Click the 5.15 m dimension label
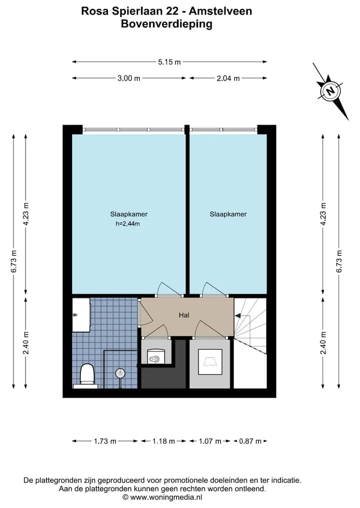[169, 62]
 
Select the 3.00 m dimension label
[129, 78]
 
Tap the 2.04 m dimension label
[228, 78]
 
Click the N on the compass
[330, 91]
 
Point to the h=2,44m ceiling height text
[128, 224]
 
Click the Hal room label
[184, 315]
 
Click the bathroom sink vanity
[81, 315]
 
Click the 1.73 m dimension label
[105, 441]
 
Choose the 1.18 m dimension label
[164, 441]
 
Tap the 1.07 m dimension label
[210, 441]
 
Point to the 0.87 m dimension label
[250, 441]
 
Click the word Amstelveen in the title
[220, 11]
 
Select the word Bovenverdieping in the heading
[166, 24]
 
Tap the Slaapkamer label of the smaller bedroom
[228, 214]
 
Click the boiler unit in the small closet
[156, 356]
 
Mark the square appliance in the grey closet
[210, 362]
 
